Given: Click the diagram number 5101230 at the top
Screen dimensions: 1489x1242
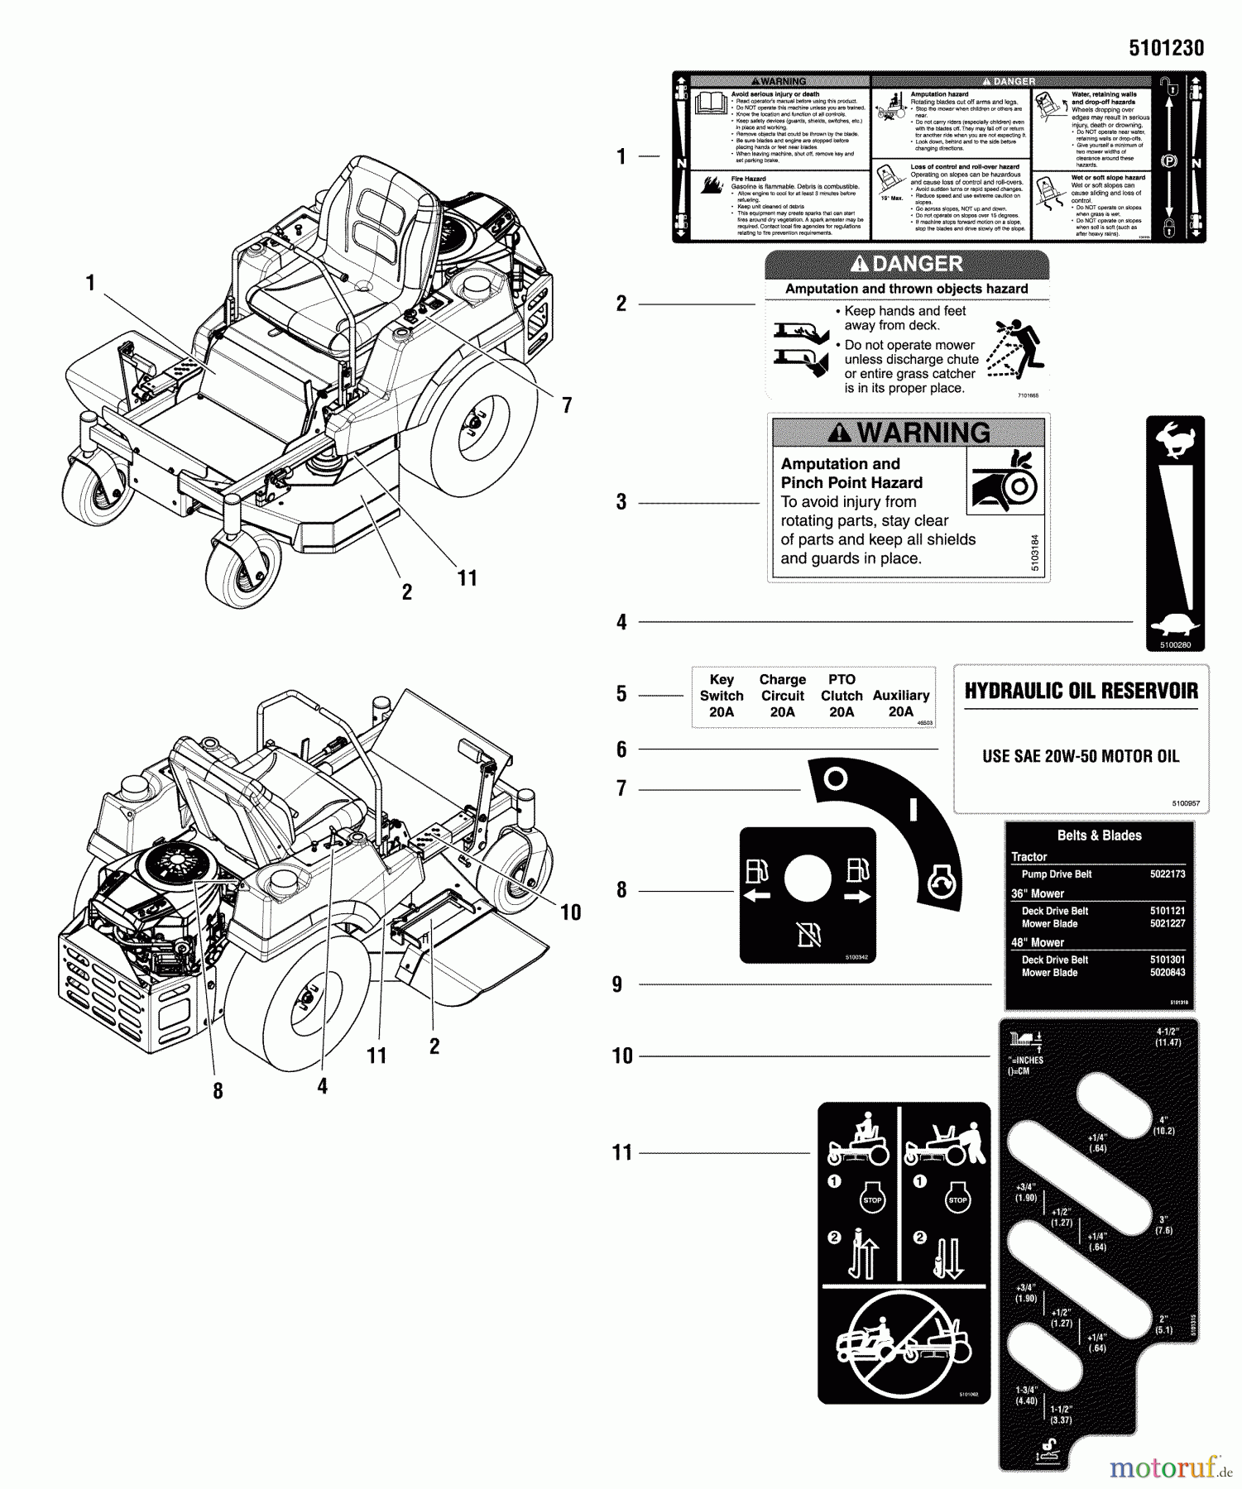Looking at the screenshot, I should point(1166,48).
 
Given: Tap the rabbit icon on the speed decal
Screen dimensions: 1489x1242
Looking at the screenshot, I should point(1175,439).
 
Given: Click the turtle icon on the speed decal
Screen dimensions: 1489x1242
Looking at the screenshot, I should point(1175,627).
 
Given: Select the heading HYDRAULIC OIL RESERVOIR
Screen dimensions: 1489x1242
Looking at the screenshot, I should point(1081,692).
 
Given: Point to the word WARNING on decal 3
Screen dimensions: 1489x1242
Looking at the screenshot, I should point(923,433).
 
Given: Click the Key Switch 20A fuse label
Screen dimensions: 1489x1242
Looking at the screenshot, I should point(722,696).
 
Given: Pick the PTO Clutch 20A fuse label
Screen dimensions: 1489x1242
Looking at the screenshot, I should point(842,696).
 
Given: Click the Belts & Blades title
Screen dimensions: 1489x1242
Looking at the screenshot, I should point(1099,835).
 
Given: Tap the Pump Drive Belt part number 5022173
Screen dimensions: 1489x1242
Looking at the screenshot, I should point(1167,874).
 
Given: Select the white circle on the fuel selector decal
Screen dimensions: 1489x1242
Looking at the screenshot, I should point(808,879).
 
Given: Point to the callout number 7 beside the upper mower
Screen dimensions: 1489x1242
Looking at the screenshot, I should point(567,405).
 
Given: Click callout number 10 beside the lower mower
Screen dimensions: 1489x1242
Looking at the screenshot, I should point(571,912).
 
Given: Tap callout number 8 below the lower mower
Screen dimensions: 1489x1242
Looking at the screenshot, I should point(218,1091).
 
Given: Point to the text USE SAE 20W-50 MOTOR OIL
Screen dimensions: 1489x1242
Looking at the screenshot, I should point(1081,756).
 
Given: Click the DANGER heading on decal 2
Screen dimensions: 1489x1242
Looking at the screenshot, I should point(908,265).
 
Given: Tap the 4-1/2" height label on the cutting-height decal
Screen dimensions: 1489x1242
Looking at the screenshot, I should point(1168,1037).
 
